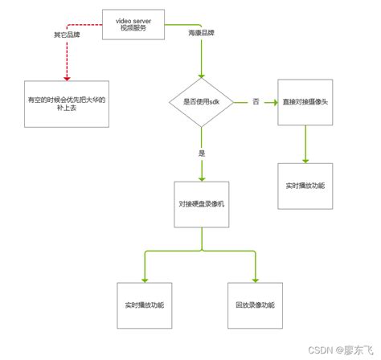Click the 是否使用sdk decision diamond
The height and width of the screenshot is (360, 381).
click(x=201, y=102)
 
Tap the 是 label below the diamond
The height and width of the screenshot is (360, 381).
click(x=201, y=151)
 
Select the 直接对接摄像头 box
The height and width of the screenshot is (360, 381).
click(x=305, y=102)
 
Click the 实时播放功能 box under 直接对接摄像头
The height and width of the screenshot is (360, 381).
click(x=305, y=186)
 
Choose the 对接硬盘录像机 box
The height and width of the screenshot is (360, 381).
click(x=201, y=206)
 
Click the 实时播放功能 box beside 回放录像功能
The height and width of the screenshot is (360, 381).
click(x=145, y=306)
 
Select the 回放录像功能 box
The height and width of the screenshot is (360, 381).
click(x=256, y=306)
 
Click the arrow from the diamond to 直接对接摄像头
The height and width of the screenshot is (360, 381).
click(x=269, y=102)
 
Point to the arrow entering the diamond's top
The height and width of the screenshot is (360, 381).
click(x=201, y=68)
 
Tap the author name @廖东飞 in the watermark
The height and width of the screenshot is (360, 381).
click(x=357, y=350)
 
